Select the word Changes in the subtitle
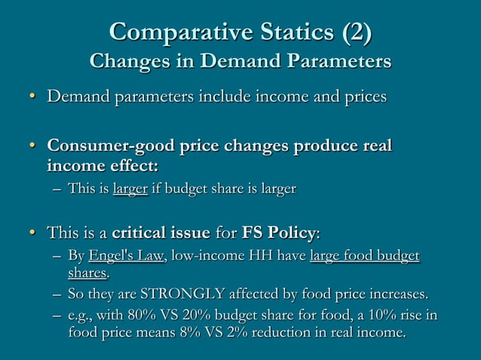coord(124,59)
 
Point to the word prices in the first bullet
coord(362,97)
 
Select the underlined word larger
coord(130,188)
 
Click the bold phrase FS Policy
coord(283,230)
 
